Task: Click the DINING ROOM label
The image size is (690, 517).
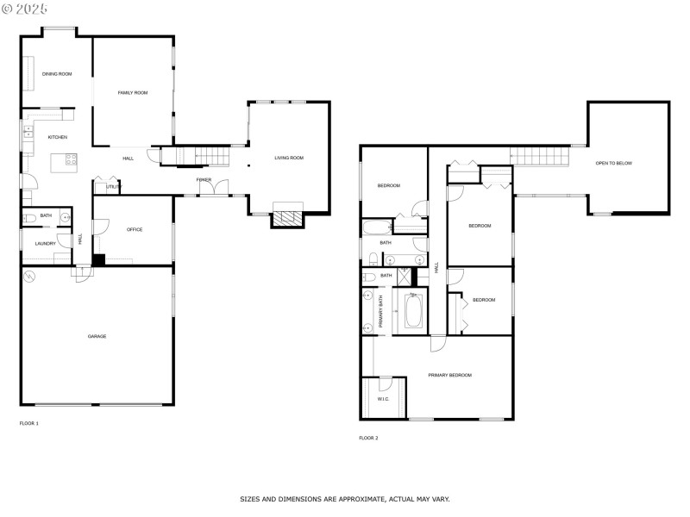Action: click(x=57, y=74)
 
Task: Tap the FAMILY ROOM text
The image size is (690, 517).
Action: click(x=133, y=92)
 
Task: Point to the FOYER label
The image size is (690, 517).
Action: click(x=204, y=179)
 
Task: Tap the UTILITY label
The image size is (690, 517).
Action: click(x=114, y=186)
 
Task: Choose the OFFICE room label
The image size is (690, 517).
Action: click(x=134, y=229)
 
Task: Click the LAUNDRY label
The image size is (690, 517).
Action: click(x=46, y=244)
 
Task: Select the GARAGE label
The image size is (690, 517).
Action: click(x=97, y=336)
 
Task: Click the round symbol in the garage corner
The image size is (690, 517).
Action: click(x=30, y=277)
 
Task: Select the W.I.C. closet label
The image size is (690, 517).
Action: click(x=384, y=399)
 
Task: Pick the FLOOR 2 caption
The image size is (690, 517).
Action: click(x=368, y=438)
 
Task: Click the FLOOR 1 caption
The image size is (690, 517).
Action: click(x=29, y=423)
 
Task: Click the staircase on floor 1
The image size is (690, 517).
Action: click(x=198, y=156)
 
